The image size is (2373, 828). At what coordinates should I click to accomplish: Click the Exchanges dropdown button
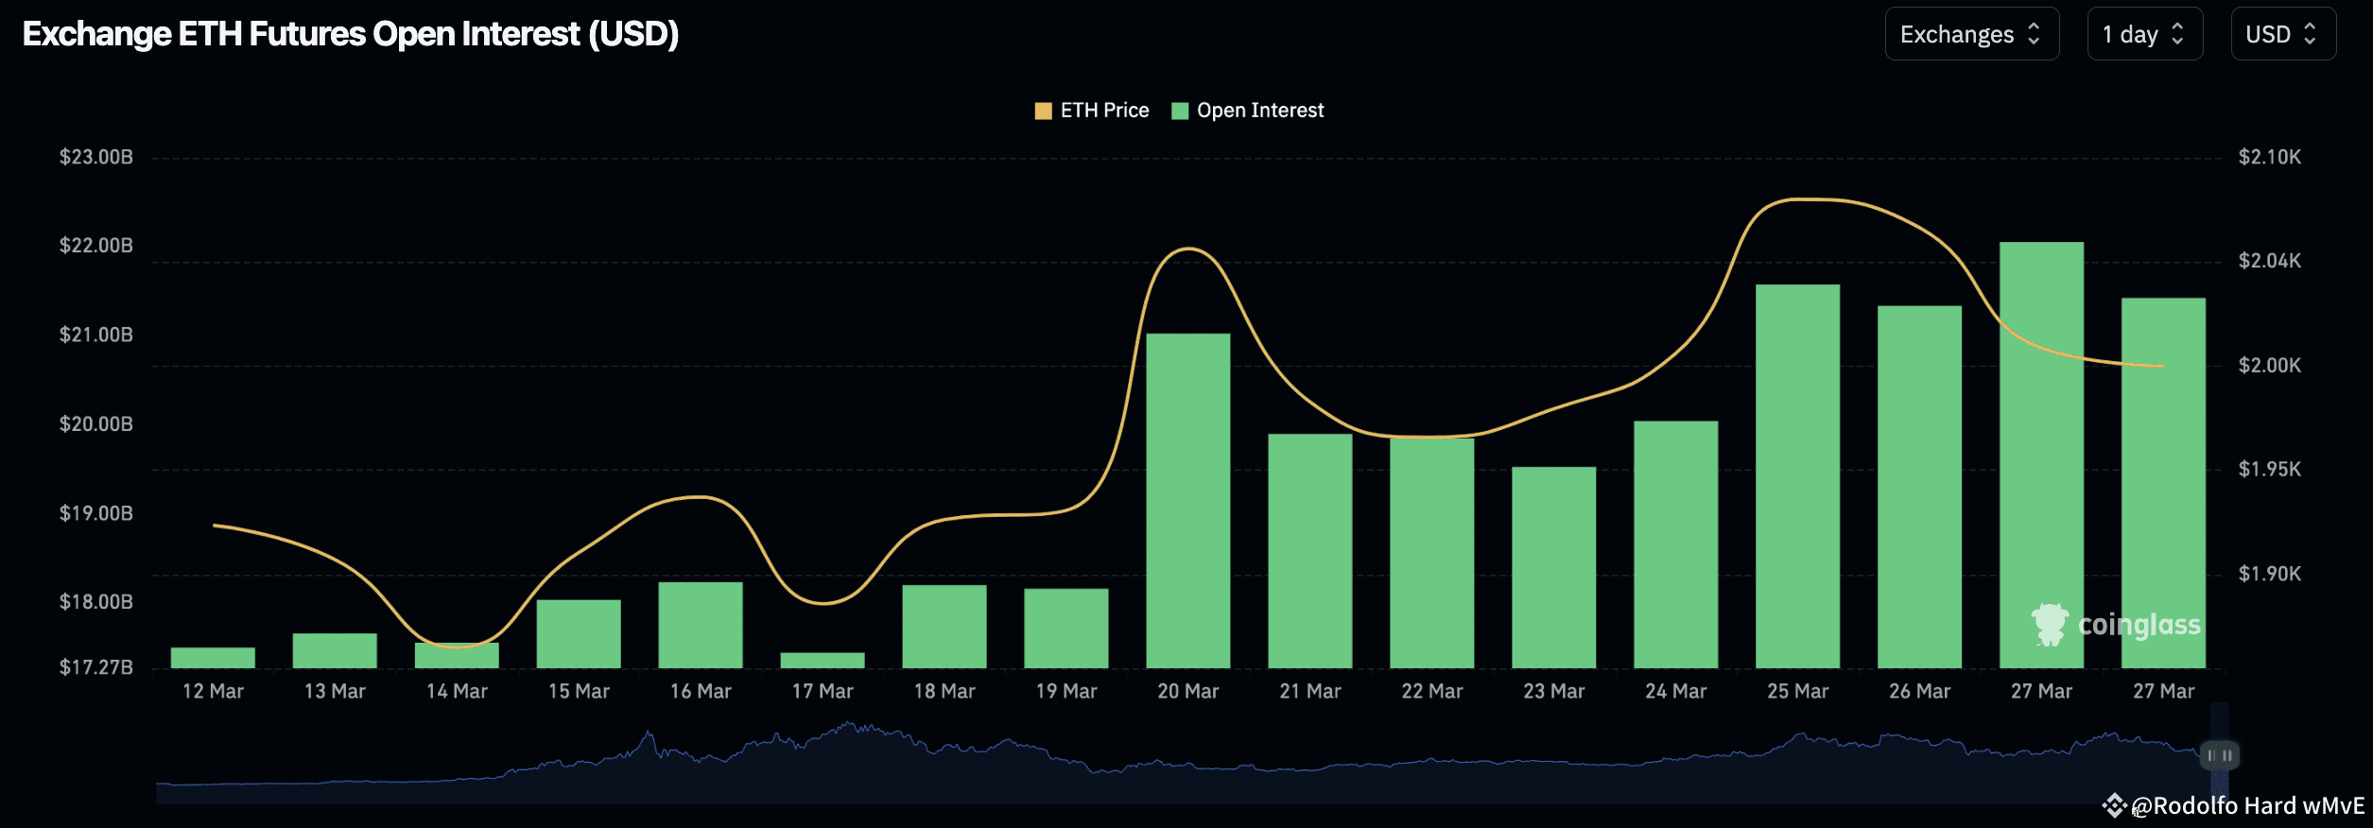1971,35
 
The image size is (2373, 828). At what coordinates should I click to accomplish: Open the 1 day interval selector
2144,35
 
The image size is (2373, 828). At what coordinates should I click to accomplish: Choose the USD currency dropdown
2282,35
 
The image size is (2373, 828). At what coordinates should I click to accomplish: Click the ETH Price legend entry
1093,111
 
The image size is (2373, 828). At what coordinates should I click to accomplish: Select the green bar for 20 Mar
1188,501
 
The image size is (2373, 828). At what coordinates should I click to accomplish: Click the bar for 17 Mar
823,660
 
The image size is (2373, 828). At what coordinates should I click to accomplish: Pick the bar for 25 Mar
1797,476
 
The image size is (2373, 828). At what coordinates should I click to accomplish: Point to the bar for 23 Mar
1553,567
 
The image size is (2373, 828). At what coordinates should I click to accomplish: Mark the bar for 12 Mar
213,658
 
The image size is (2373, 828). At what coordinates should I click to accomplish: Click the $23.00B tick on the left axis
96,157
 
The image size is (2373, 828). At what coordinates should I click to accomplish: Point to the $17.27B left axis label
96,667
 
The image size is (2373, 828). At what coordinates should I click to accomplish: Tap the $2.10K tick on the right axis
2269,157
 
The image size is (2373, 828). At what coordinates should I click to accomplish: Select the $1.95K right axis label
2269,469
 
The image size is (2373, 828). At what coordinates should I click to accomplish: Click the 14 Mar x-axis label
457,691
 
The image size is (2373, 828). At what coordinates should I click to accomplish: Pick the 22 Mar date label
1431,691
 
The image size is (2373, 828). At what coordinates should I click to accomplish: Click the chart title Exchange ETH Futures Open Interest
351,34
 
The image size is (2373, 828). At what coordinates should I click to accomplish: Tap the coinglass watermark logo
2116,625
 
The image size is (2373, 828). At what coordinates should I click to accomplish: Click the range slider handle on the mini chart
2219,755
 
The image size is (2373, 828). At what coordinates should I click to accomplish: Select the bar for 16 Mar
701,625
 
